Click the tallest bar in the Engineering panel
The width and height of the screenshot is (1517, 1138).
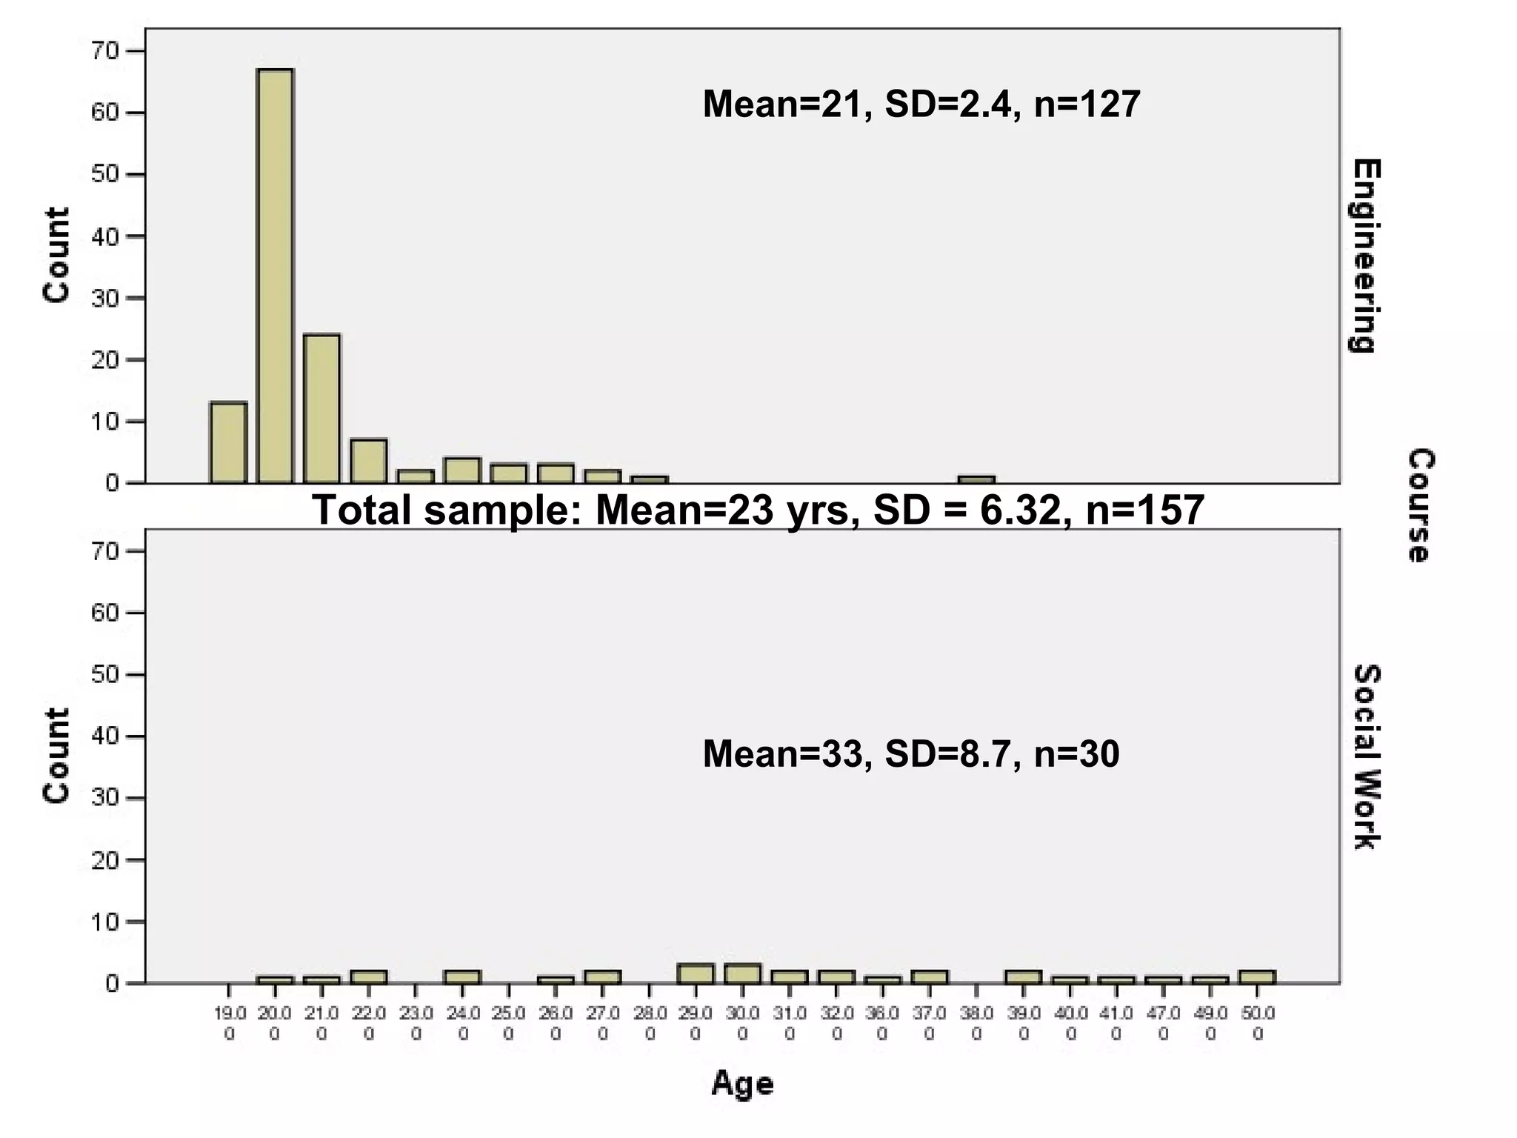275,276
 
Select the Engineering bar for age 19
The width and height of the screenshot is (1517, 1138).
228,443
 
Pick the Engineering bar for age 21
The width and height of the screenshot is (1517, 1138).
321,409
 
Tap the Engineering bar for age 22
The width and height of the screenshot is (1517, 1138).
369,462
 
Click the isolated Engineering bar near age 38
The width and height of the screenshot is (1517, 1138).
976,479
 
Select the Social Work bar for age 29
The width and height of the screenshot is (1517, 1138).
696,974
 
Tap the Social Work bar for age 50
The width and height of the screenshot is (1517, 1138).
1257,976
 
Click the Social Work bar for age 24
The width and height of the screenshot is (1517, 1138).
462,976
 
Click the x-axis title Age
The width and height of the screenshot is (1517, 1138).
742,1084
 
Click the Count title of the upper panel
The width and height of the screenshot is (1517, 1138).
56,256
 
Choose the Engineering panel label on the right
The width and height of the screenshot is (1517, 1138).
1366,256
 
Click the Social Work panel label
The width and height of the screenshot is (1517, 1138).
1366,756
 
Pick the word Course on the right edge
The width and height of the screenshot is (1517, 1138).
1421,505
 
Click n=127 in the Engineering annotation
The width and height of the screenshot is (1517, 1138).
1087,104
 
